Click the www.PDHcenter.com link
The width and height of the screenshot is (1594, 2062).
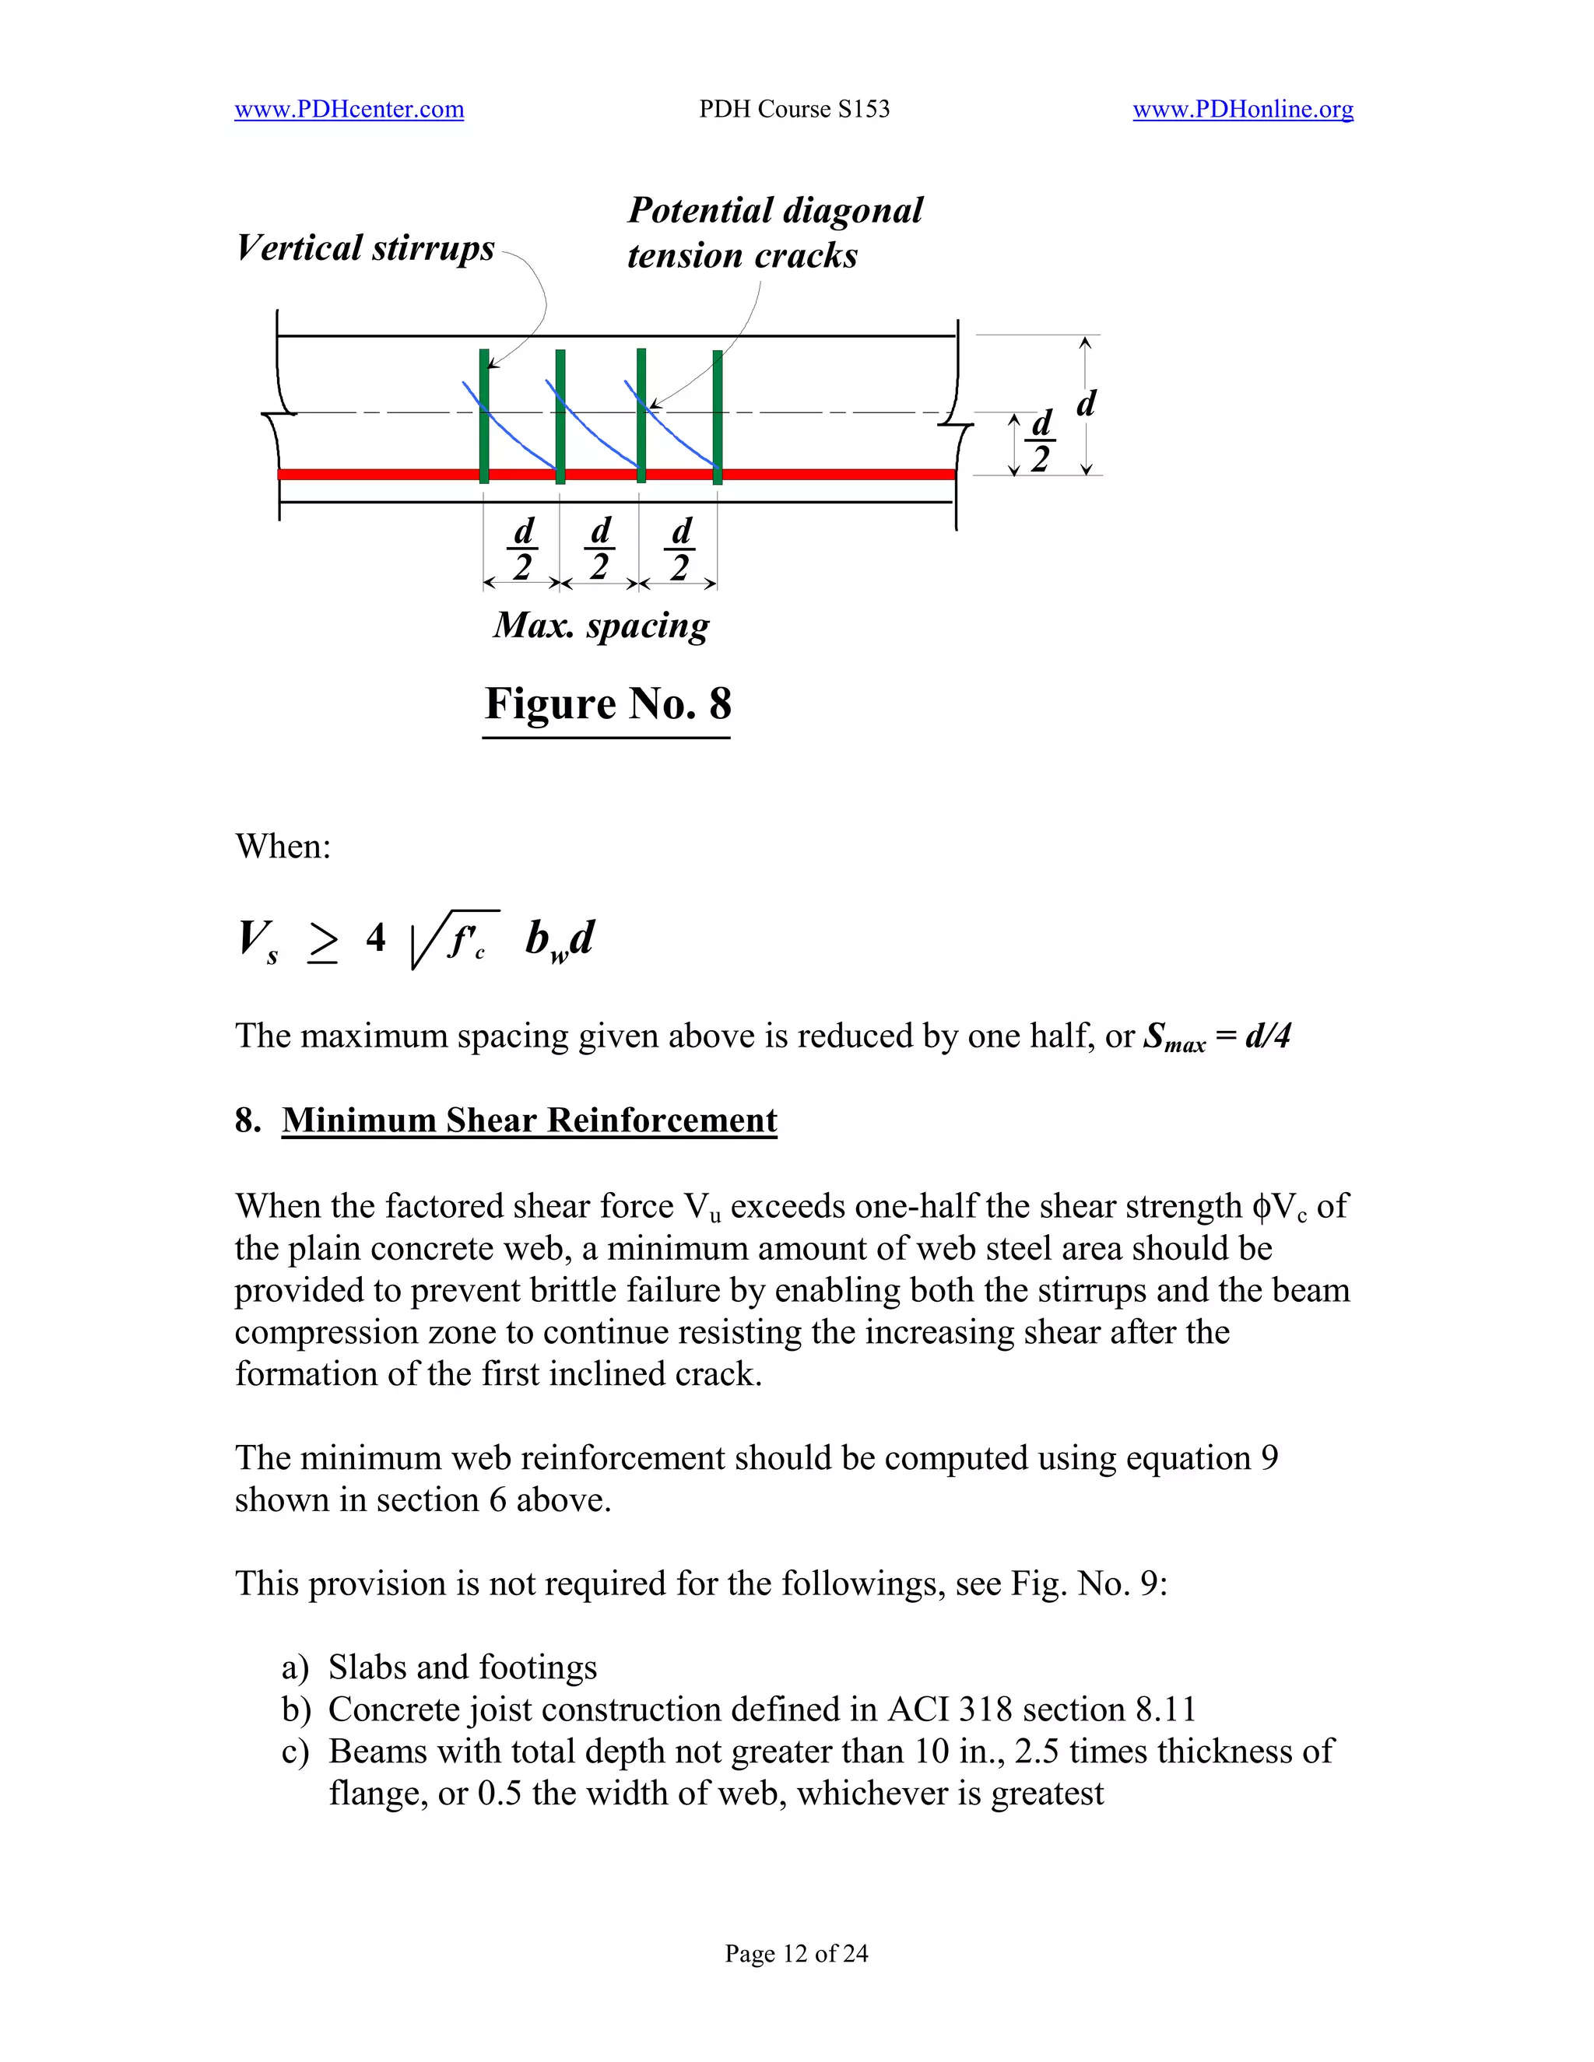[349, 110]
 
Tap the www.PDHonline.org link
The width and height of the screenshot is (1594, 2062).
[1243, 110]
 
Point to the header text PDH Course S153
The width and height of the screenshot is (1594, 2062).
[794, 110]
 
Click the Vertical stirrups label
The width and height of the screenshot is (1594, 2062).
[366, 248]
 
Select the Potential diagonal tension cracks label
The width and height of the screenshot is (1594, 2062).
[774, 232]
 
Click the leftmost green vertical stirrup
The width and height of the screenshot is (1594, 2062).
[484, 416]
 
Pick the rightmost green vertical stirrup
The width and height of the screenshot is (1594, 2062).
[718, 416]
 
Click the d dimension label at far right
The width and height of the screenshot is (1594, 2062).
[1086, 403]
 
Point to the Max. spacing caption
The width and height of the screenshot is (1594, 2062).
[602, 625]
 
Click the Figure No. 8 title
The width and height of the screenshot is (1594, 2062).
[607, 703]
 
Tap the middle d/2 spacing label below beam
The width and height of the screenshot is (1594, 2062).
[599, 549]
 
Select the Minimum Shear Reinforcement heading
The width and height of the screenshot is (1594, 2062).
[528, 1120]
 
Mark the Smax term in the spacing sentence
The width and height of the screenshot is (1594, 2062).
[1174, 1037]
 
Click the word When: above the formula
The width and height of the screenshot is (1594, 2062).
[283, 846]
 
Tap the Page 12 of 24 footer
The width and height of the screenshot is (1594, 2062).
[796, 1953]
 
